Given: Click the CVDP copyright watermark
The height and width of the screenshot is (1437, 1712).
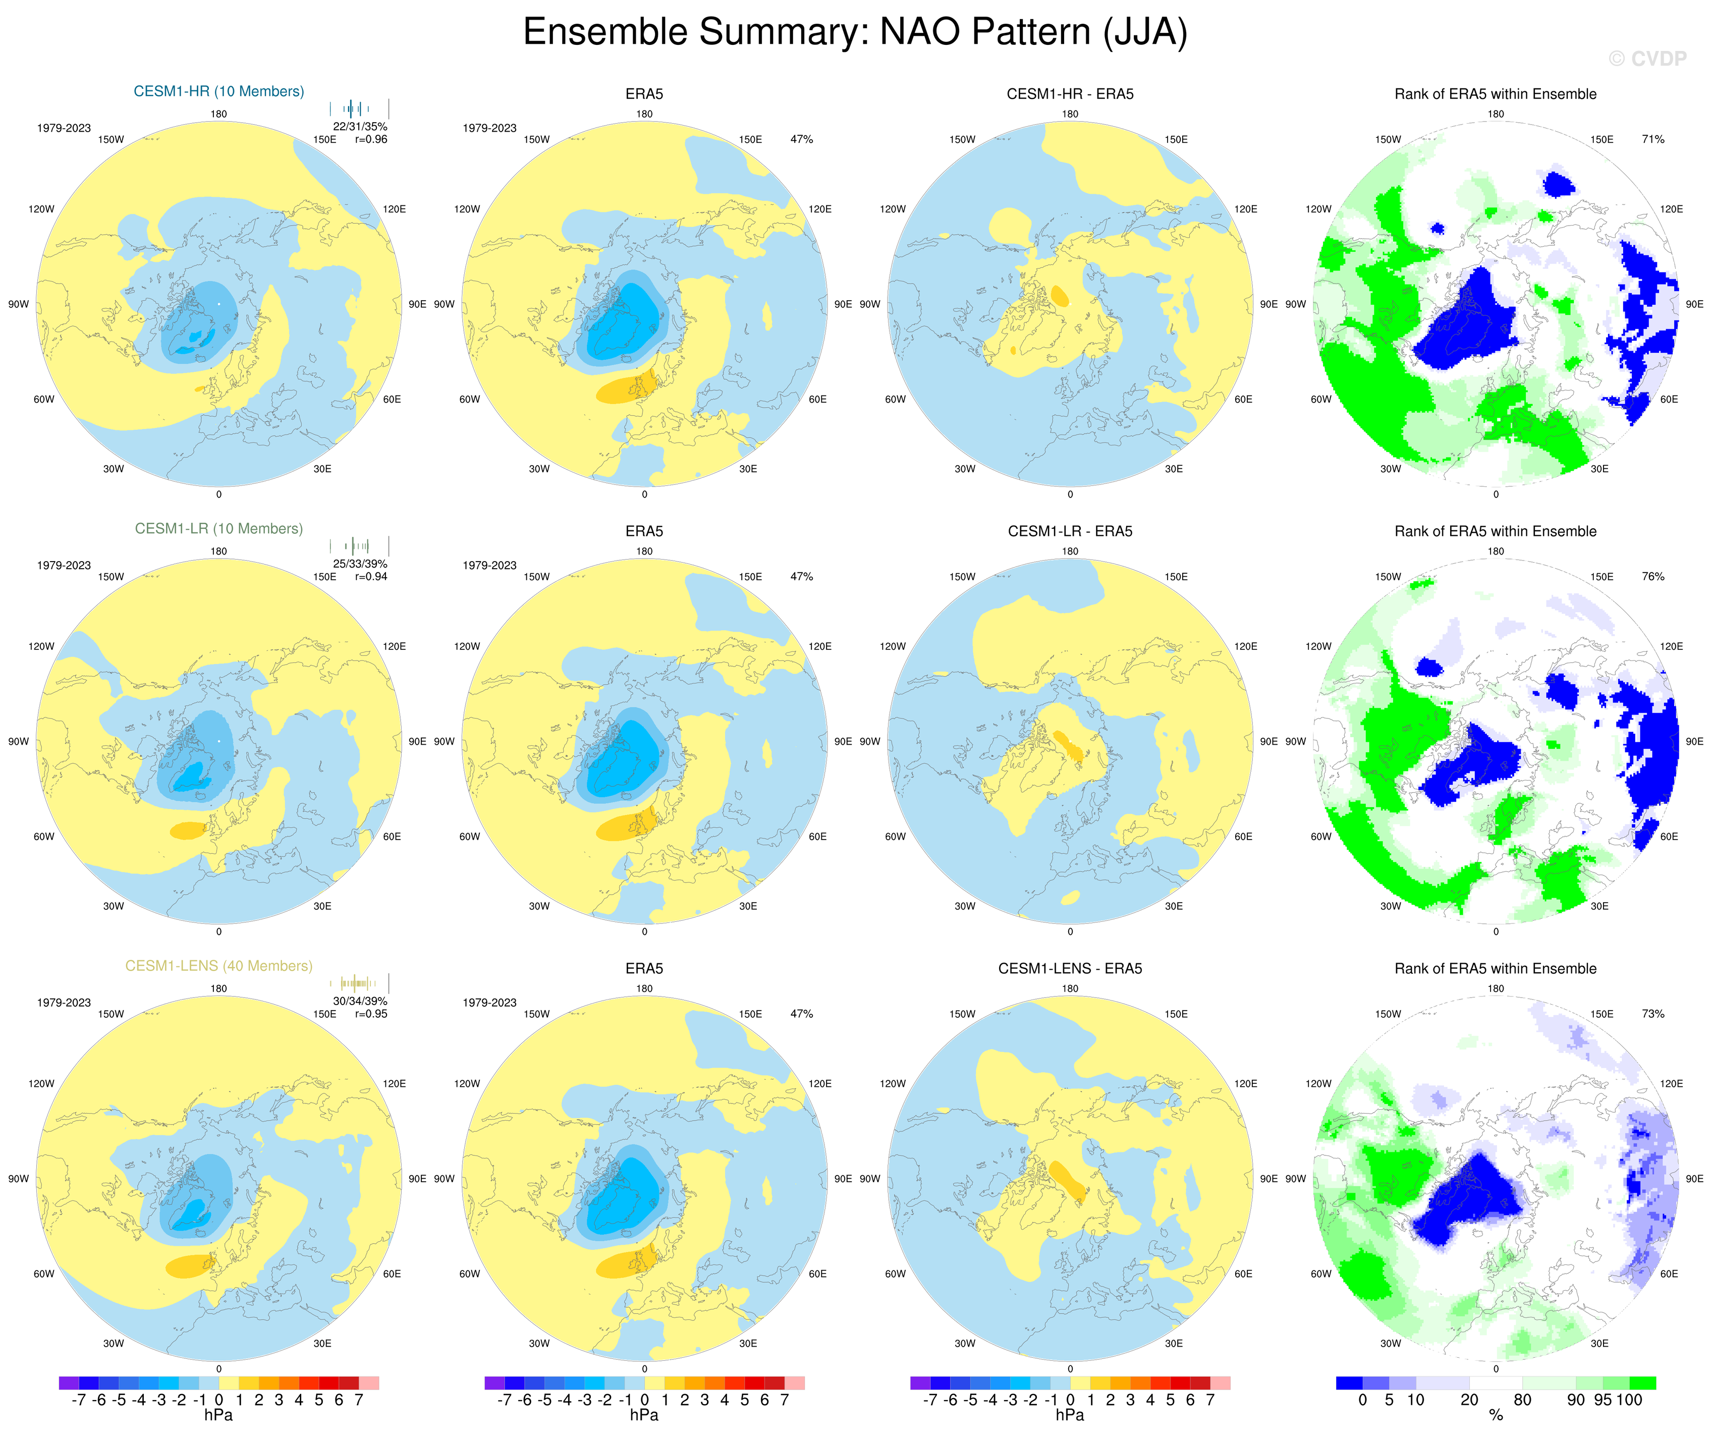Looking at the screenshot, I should point(1647,59).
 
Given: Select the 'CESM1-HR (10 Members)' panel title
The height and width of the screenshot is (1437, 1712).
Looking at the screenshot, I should point(218,91).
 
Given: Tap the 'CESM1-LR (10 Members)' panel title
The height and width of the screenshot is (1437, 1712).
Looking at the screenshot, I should point(218,528).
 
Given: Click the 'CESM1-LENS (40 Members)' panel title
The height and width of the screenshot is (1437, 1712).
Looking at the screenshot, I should point(218,966).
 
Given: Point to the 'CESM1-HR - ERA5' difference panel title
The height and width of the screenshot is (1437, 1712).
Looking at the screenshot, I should point(1070,94).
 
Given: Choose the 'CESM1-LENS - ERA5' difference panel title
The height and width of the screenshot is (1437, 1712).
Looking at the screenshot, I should point(1070,968).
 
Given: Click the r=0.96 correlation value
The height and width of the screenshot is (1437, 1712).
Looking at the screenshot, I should point(371,139).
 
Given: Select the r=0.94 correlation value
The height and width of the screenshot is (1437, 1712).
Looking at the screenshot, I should point(371,576).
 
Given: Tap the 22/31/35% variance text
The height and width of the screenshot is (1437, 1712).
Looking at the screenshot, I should point(360,126).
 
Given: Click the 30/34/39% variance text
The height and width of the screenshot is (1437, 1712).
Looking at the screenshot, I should point(360,1001).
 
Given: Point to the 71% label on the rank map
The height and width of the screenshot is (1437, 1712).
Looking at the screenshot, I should point(1652,139).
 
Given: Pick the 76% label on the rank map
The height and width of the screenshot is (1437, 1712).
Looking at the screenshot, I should point(1652,576).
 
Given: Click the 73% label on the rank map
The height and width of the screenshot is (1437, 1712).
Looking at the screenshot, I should point(1652,1014).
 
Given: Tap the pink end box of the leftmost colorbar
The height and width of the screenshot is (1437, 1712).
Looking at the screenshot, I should point(368,1383).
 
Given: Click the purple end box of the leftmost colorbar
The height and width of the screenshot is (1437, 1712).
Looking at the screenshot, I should point(69,1383).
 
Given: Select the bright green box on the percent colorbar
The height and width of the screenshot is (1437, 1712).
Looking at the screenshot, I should point(1642,1383).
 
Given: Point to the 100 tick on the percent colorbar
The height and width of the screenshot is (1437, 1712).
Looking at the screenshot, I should point(1629,1400).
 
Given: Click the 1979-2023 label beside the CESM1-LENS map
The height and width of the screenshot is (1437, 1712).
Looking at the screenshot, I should point(64,1003).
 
